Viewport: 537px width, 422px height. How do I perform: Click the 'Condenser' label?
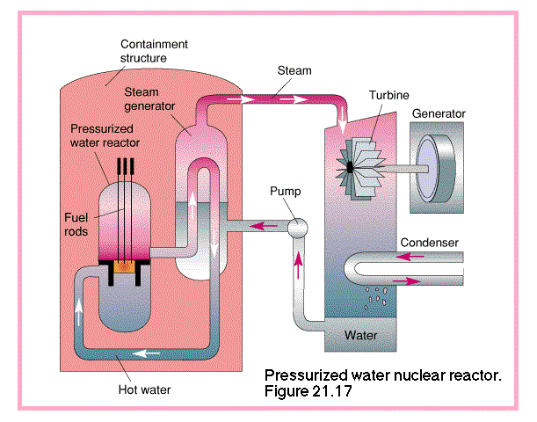coord(431,242)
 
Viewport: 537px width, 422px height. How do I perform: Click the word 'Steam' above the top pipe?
coord(294,69)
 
